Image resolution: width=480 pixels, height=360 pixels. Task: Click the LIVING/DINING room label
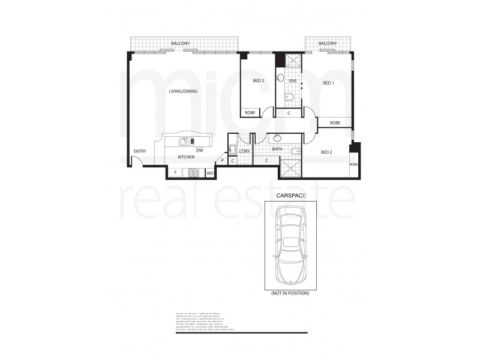point(183,91)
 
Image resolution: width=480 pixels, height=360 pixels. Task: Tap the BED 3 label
point(259,81)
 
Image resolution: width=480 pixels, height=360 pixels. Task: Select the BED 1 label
point(329,83)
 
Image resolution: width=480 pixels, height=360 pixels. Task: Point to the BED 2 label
point(326,152)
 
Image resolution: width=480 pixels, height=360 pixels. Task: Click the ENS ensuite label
point(293,81)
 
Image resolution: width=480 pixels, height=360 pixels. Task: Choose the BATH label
point(277,149)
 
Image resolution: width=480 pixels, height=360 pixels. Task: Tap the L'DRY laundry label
point(244,151)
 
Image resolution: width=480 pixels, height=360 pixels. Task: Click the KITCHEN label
point(186,157)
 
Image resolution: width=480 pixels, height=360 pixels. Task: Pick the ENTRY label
point(140,151)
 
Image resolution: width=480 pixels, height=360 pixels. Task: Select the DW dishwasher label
point(200,150)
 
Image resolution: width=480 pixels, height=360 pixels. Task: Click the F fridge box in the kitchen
point(175,173)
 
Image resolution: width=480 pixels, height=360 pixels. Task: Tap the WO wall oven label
point(210,173)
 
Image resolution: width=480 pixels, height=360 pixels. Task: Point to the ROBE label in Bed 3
point(250,112)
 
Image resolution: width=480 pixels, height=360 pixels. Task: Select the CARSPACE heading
point(290,196)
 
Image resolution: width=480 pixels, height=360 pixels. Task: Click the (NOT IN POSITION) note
point(290,293)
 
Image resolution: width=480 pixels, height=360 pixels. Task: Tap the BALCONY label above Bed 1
point(328,44)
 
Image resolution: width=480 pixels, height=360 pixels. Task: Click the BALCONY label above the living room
point(181,44)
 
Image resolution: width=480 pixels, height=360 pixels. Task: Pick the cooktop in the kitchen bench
point(194,173)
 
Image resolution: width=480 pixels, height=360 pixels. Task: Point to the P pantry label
point(222,161)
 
